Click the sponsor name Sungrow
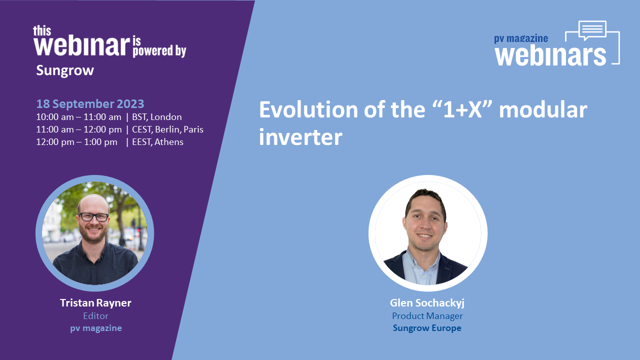(65, 70)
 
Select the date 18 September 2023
(90, 103)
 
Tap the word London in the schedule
(166, 117)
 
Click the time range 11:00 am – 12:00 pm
(79, 129)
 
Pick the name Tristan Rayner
(95, 303)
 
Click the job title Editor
(95, 316)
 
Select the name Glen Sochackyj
(427, 303)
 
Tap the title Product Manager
(427, 316)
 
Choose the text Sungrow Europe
(427, 328)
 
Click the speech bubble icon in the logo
(592, 30)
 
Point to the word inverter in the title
(300, 137)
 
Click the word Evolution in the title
(308, 109)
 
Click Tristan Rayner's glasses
(93, 217)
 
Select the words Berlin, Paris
(179, 129)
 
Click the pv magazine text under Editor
(96, 328)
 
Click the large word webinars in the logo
(550, 55)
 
